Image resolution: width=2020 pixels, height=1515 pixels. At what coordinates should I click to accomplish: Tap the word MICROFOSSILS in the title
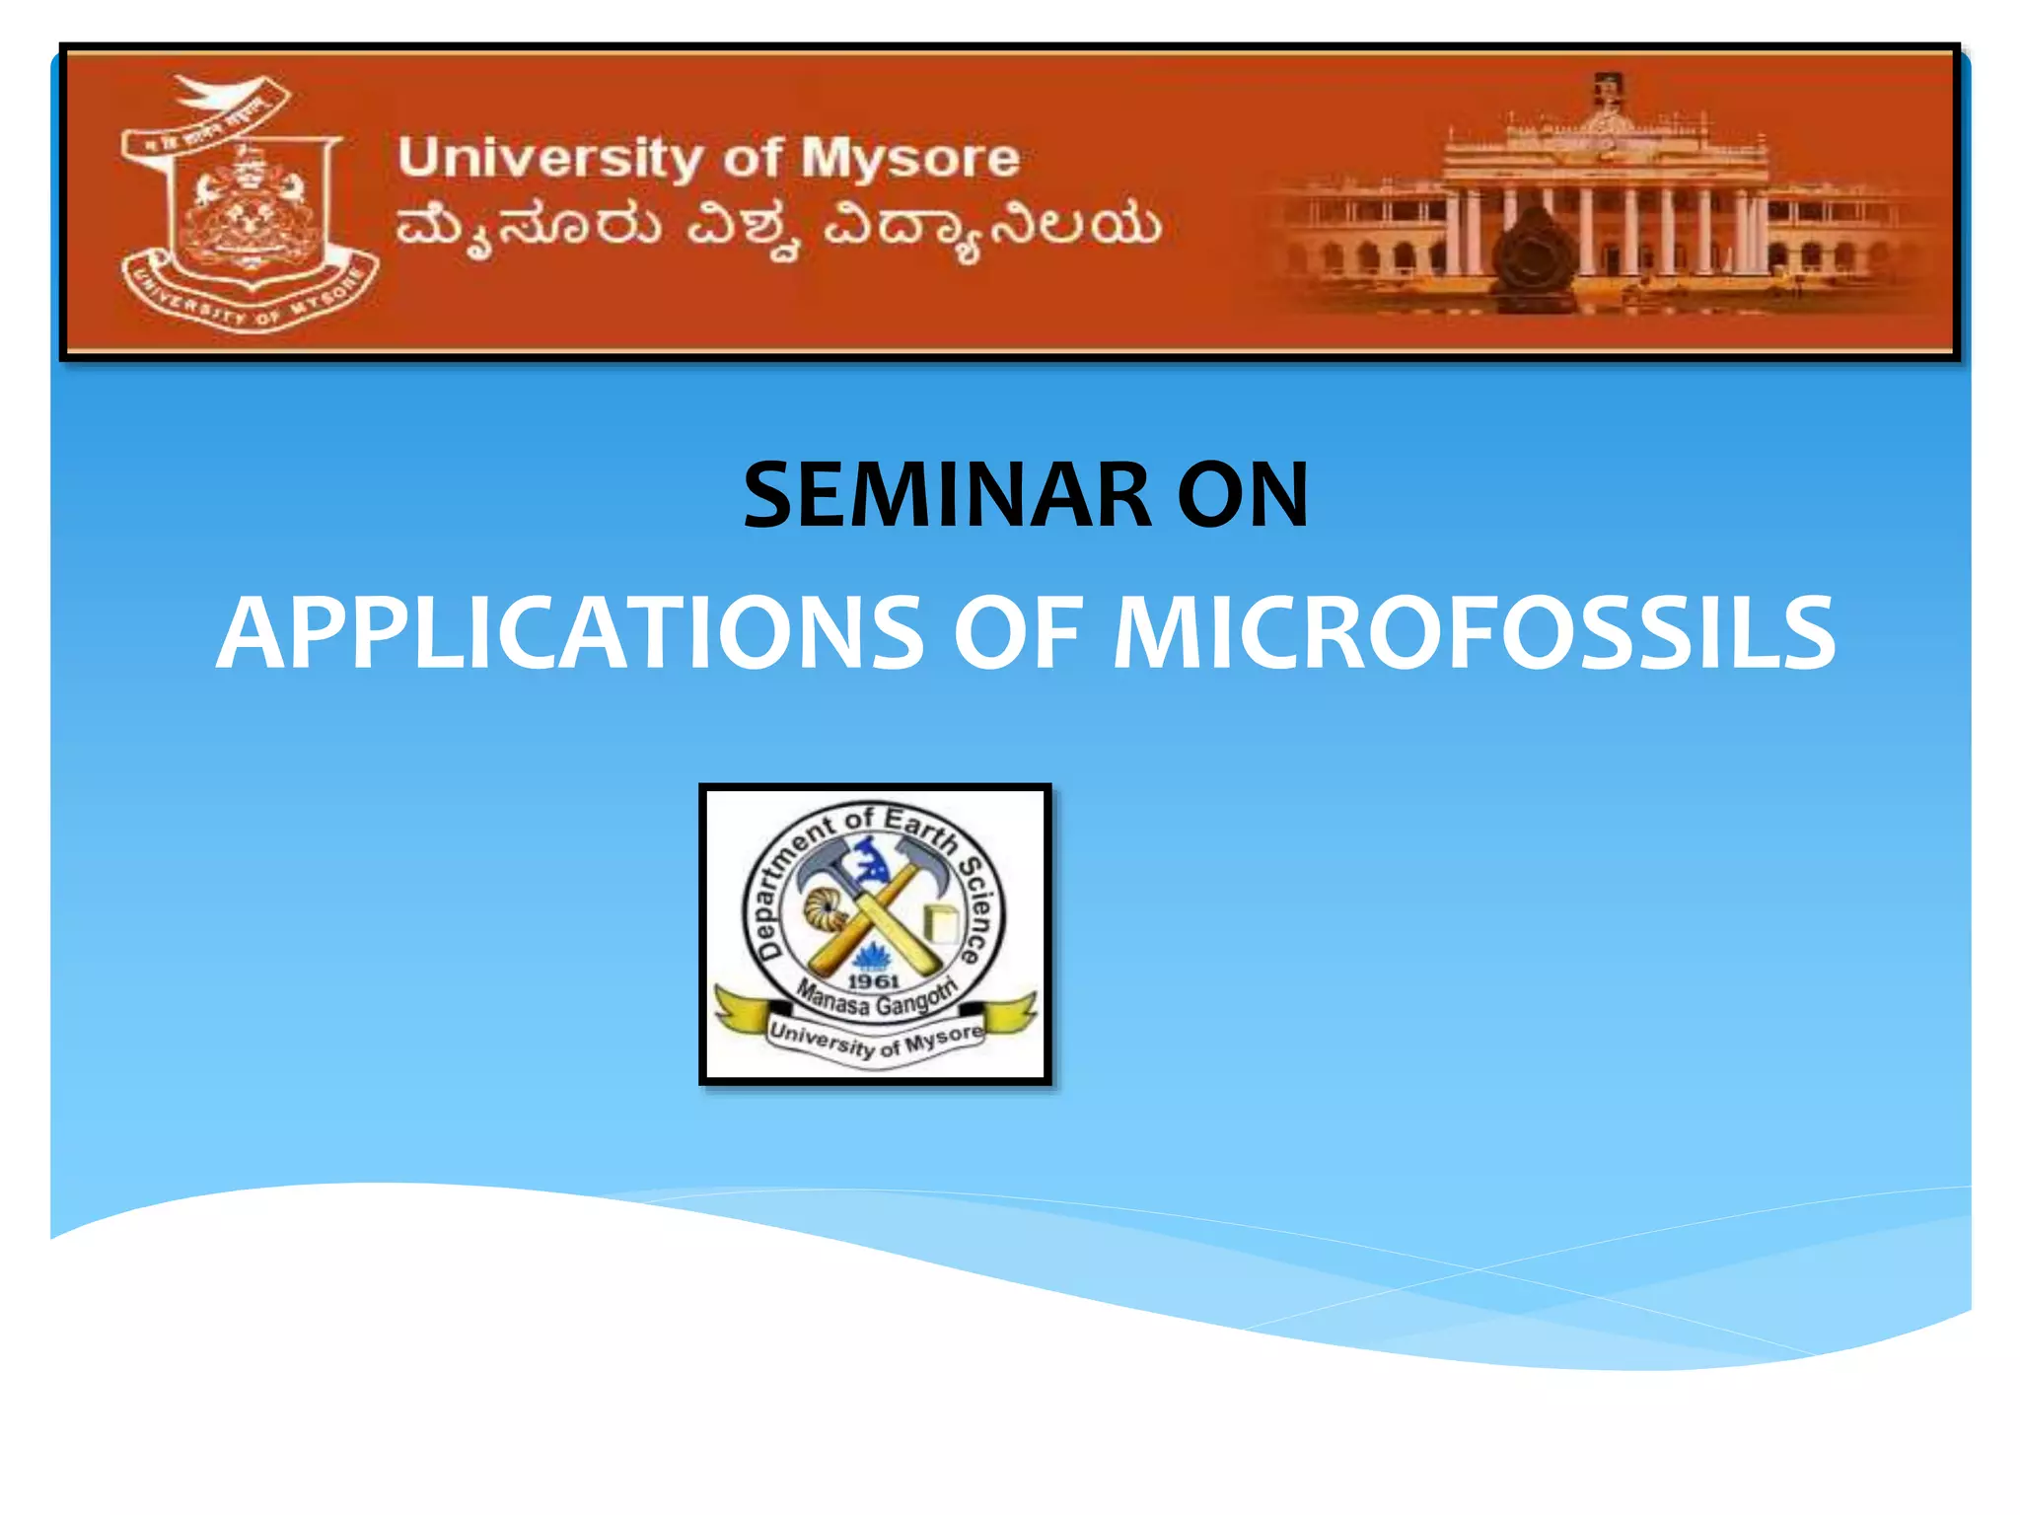pyautogui.click(x=1474, y=633)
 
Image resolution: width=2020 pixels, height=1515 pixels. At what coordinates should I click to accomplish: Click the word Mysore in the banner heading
pyautogui.click(x=909, y=160)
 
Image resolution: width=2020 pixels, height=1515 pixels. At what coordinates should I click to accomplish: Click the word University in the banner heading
pyautogui.click(x=550, y=158)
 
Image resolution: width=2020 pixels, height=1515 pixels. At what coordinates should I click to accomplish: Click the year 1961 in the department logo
pyautogui.click(x=874, y=980)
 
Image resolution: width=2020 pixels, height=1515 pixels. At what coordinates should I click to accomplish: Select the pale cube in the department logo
pyautogui.click(x=940, y=922)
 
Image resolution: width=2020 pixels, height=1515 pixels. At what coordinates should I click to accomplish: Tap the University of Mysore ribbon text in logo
pyautogui.click(x=876, y=1040)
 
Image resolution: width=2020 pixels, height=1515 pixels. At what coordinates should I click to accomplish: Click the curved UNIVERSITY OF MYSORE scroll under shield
pyautogui.click(x=251, y=298)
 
